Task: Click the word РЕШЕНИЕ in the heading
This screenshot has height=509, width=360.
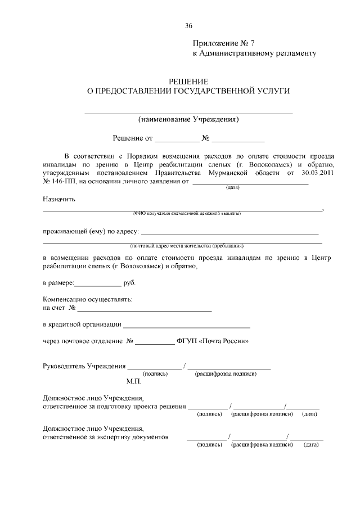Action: point(188,82)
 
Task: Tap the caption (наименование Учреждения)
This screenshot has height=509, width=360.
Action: point(188,119)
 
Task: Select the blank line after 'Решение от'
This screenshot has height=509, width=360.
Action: point(177,139)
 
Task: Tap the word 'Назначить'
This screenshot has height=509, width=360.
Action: point(59,199)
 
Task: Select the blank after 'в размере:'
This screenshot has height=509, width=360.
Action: point(97,284)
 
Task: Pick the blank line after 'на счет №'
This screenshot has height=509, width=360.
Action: point(145,310)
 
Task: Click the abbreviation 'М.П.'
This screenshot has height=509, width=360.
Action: point(134,381)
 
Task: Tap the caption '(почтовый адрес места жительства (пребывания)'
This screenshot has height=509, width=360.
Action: point(186,246)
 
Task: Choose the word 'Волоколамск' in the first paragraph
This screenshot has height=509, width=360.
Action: point(268,164)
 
